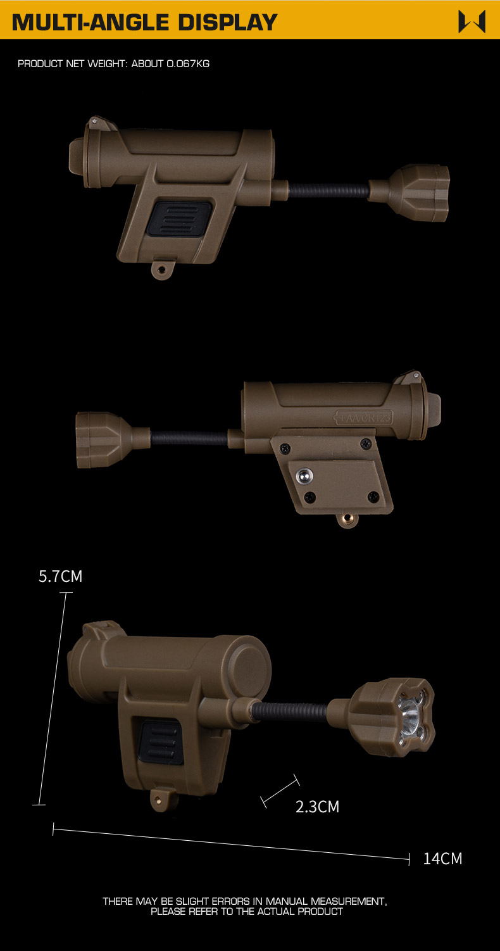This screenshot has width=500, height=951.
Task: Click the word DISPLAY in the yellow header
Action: [227, 23]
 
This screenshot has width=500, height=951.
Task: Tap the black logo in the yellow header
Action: [472, 22]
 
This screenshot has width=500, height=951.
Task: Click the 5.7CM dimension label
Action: [60, 576]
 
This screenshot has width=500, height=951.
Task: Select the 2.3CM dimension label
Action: [318, 807]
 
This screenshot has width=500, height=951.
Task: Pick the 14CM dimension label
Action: [442, 859]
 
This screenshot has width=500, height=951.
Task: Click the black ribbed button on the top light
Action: [180, 218]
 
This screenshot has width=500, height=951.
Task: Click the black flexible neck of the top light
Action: [328, 191]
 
